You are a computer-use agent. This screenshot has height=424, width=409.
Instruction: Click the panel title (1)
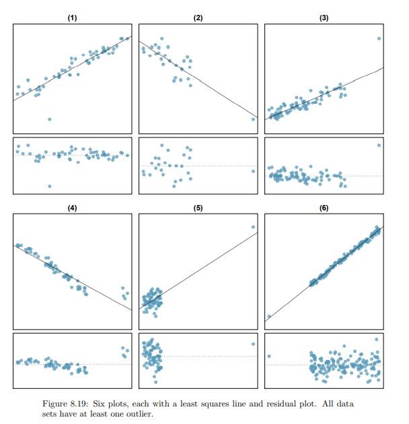point(72,18)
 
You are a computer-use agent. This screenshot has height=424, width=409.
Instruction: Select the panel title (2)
point(198,18)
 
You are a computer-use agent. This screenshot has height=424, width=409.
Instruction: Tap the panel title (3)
point(324,18)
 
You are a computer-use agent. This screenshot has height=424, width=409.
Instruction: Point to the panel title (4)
point(72,208)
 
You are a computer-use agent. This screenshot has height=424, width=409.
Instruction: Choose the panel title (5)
point(198,208)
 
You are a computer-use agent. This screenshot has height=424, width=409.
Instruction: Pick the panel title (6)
point(324,208)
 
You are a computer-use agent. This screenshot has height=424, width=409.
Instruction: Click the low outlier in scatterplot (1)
point(49,119)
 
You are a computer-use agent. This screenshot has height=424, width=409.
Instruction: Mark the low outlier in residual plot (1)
point(49,186)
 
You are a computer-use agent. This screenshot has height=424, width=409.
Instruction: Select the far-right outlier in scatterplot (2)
point(253,119)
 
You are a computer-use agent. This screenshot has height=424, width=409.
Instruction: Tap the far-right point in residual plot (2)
point(253,171)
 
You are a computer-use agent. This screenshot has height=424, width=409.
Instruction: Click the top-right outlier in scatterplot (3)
point(379,38)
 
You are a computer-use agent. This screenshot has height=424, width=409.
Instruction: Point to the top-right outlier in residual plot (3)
point(379,145)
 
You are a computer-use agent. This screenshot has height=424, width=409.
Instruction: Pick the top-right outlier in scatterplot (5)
point(253,227)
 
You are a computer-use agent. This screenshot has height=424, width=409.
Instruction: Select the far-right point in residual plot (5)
point(253,344)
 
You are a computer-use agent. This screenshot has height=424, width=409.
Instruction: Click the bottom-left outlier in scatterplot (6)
point(269,316)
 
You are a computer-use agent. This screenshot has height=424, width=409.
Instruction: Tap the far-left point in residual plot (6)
point(269,356)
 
